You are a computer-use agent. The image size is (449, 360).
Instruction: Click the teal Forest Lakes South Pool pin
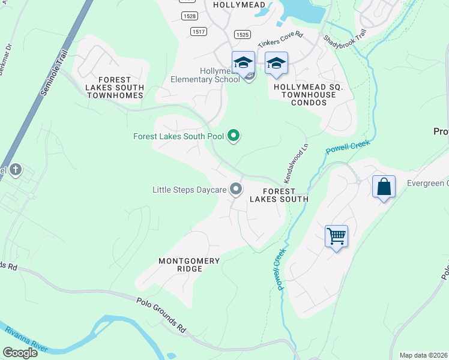click(x=234, y=137)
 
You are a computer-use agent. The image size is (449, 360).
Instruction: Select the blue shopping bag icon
click(x=384, y=187)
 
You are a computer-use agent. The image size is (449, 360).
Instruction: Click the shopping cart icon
click(x=337, y=236)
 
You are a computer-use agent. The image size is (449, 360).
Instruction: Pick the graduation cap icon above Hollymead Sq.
click(x=276, y=63)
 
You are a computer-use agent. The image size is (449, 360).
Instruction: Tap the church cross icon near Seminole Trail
click(x=15, y=170)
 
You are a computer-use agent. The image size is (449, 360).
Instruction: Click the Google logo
click(x=20, y=352)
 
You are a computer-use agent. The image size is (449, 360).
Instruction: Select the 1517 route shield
click(x=199, y=31)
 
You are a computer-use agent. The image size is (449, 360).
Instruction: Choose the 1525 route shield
click(x=243, y=35)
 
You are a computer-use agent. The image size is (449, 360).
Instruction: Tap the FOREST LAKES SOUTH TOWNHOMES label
click(x=115, y=88)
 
